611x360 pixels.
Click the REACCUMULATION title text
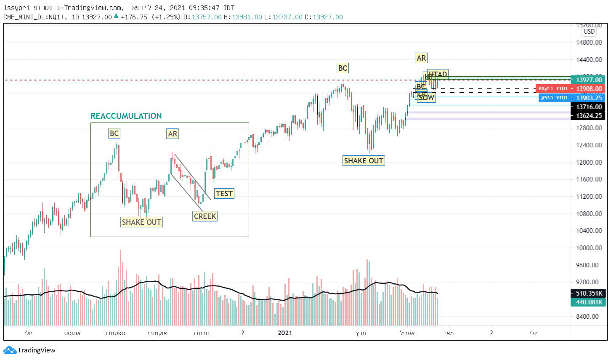(x=126, y=116)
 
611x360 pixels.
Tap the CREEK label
(x=205, y=216)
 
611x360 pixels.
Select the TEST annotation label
(x=224, y=194)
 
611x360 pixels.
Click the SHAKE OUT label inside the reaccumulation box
(x=141, y=222)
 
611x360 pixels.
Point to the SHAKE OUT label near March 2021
(x=364, y=161)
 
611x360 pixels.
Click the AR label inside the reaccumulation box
(x=173, y=134)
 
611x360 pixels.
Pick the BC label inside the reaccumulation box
(x=114, y=133)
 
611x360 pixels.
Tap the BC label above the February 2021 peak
(x=343, y=68)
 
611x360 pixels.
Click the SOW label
(x=427, y=98)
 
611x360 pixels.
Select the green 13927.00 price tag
(x=589, y=80)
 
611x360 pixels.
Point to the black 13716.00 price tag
(x=589, y=107)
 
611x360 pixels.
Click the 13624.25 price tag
(x=589, y=116)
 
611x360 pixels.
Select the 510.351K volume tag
(x=589, y=293)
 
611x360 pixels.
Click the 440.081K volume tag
(x=589, y=302)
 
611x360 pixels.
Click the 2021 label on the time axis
(x=285, y=333)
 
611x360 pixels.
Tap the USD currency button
(x=589, y=32)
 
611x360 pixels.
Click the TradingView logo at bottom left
(x=29, y=350)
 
